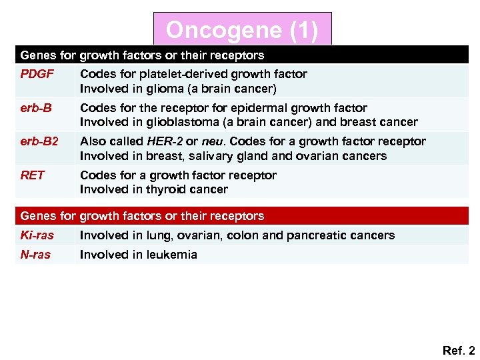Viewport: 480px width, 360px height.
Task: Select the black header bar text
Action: (x=142, y=55)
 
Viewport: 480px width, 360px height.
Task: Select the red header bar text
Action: (x=142, y=216)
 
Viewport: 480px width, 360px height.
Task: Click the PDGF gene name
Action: (x=37, y=74)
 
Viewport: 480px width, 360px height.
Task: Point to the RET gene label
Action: (x=33, y=175)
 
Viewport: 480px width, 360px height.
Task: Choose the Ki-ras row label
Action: (x=37, y=235)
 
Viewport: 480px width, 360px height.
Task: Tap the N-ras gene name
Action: (x=35, y=255)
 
